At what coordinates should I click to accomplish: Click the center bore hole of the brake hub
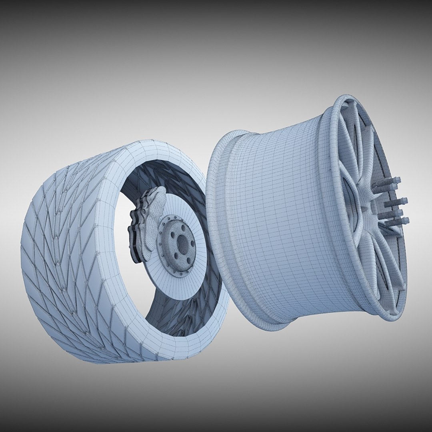(x=182, y=242)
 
